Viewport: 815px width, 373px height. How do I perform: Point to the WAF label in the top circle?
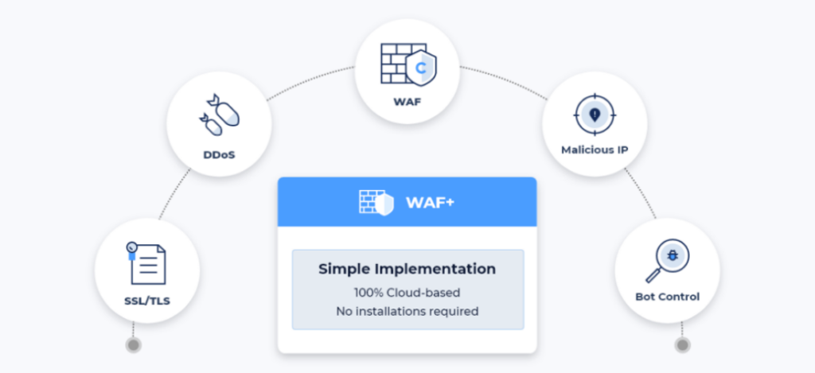407,102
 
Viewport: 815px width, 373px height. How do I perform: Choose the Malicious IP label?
595,149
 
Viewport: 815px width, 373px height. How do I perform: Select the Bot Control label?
667,297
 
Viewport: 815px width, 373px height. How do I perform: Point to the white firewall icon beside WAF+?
376,202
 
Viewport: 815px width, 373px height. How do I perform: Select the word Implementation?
437,269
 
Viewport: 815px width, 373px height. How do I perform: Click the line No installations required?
407,311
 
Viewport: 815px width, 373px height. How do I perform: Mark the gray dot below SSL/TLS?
134,345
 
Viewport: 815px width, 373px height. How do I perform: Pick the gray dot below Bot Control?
681,345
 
